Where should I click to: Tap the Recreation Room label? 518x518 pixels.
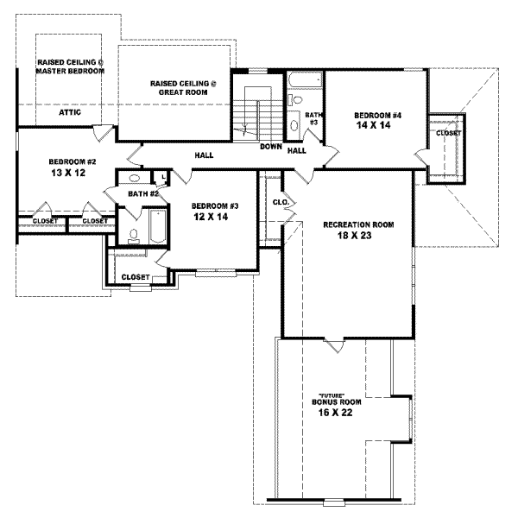pos(358,224)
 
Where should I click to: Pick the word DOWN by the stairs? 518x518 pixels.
pos(271,146)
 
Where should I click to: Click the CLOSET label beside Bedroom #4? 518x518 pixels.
pos(448,133)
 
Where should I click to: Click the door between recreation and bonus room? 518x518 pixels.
pos(333,344)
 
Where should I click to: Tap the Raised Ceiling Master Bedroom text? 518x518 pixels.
pos(70,66)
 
